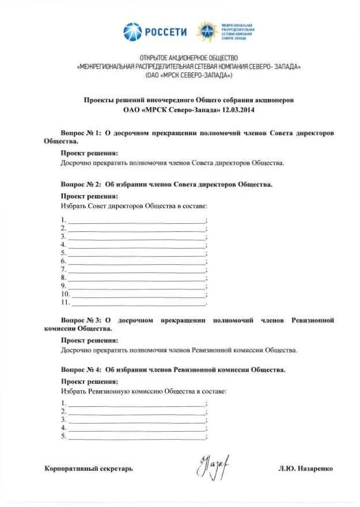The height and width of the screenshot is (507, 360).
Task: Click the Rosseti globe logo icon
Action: [132, 31]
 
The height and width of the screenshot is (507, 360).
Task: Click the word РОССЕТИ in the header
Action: [165, 32]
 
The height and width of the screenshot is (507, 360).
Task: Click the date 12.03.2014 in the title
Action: [240, 109]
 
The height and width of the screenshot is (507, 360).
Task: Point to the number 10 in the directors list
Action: [65, 293]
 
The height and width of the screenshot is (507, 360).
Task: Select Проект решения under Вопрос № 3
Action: [89, 341]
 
